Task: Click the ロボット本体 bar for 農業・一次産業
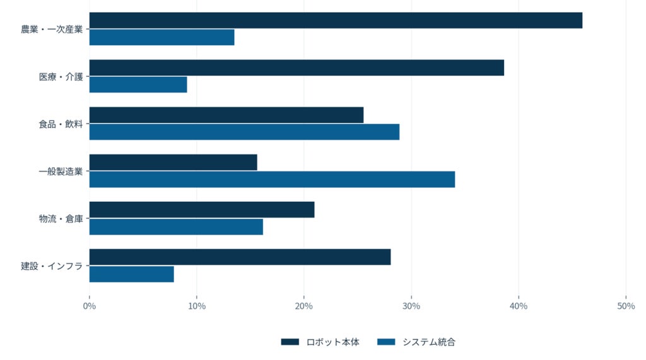336,21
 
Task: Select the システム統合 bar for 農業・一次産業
162,37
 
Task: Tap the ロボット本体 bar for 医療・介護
297,68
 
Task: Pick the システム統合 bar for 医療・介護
138,85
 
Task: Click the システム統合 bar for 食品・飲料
244,132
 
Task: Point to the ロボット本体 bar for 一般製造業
173,162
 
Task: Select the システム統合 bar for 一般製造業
273,180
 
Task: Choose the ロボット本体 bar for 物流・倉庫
202,210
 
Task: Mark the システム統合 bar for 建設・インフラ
131,274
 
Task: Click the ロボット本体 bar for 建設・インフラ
240,257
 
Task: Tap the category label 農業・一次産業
52,29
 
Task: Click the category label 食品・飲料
61,124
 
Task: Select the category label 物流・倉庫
61,219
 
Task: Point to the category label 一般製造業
61,171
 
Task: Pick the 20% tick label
304,306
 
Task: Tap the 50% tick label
626,306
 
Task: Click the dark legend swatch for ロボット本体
290,342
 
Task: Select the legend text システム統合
429,342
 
